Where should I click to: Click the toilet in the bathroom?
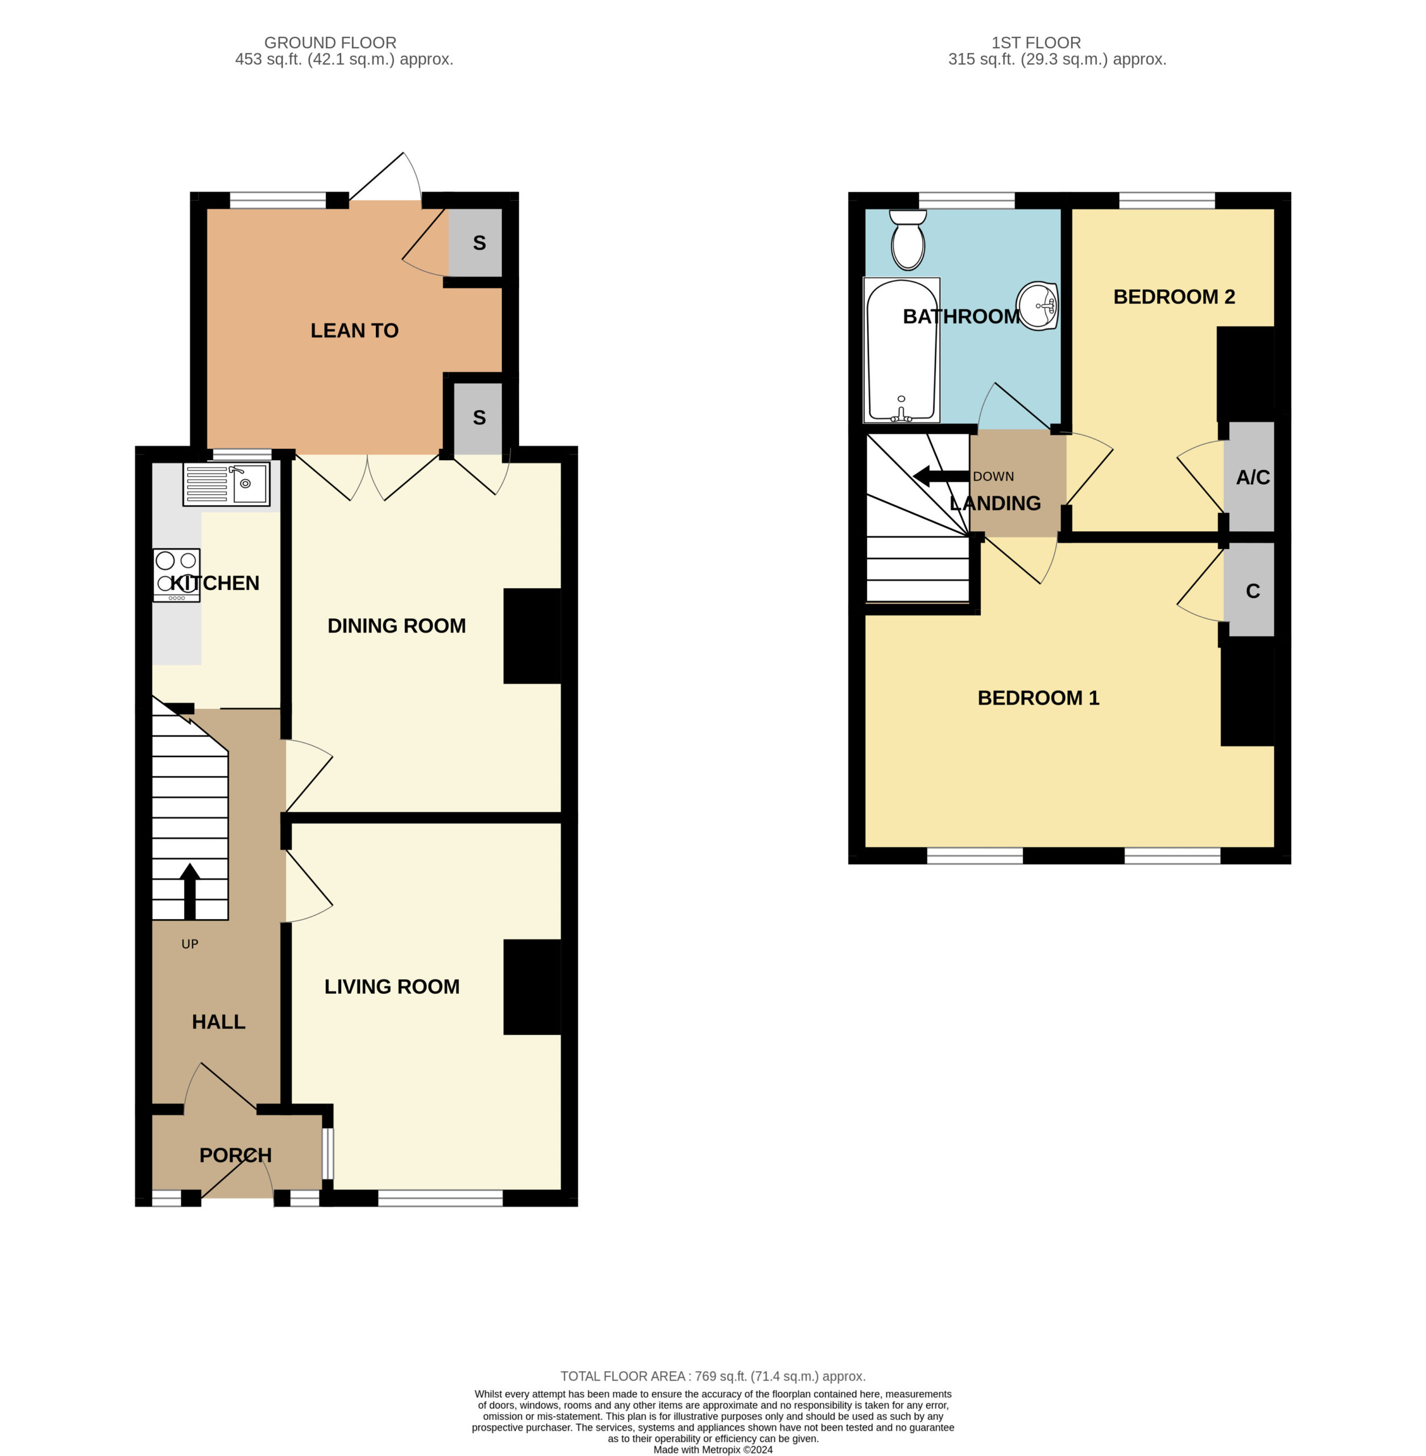[x=907, y=238]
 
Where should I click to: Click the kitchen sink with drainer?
[x=226, y=483]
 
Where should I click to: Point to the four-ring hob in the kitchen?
[x=177, y=575]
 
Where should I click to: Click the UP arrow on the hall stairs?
[x=190, y=891]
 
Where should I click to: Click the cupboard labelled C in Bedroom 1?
[x=1249, y=590]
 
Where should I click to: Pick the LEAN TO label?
[x=354, y=330]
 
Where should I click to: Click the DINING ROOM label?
[x=396, y=626]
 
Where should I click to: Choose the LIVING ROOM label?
[x=392, y=987]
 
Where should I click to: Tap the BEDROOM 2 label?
[x=1174, y=297]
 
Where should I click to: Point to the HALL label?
[x=219, y=1022]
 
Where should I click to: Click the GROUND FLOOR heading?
[x=330, y=43]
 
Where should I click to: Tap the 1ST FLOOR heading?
[x=1037, y=43]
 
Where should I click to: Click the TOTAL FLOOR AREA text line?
[x=713, y=1376]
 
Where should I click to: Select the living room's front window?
[x=441, y=1197]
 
